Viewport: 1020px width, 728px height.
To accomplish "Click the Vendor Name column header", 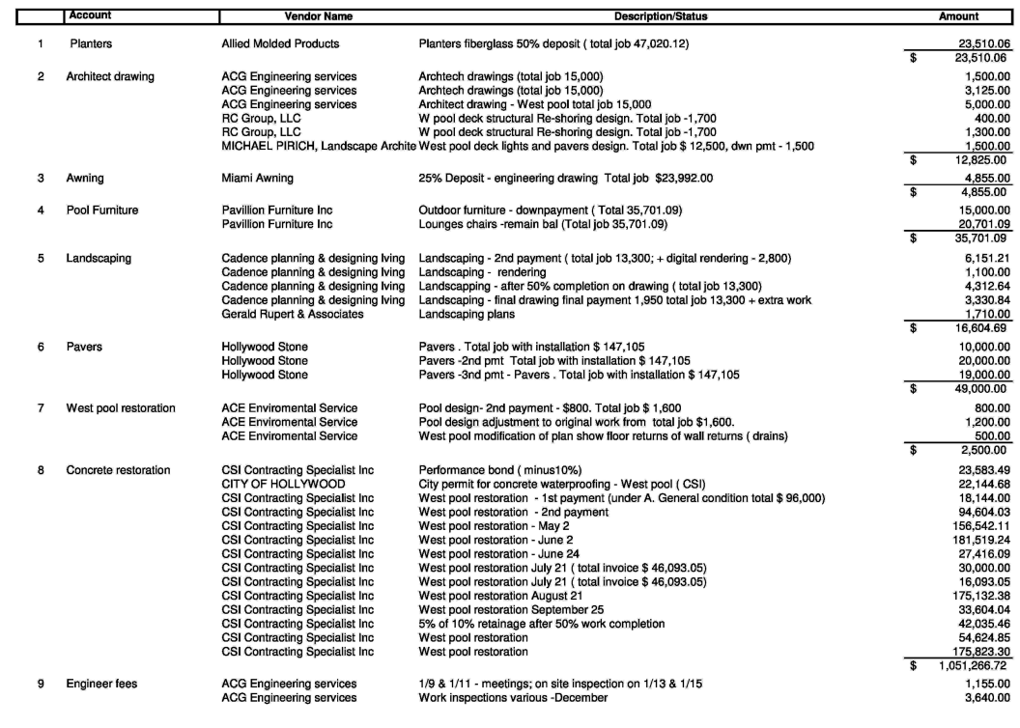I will pos(319,16).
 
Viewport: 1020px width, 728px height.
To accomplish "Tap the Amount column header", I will pos(958,16).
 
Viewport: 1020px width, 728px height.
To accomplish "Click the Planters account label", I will pos(90,44).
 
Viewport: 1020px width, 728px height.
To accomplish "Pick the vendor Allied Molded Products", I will pos(280,44).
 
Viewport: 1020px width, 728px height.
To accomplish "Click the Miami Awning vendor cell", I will pos(258,179).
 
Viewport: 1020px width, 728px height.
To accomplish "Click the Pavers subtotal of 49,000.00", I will pos(984,388).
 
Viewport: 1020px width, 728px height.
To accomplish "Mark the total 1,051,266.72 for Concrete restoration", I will pos(975,666).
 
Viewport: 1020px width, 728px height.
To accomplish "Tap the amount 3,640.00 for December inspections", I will pos(987,698).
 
